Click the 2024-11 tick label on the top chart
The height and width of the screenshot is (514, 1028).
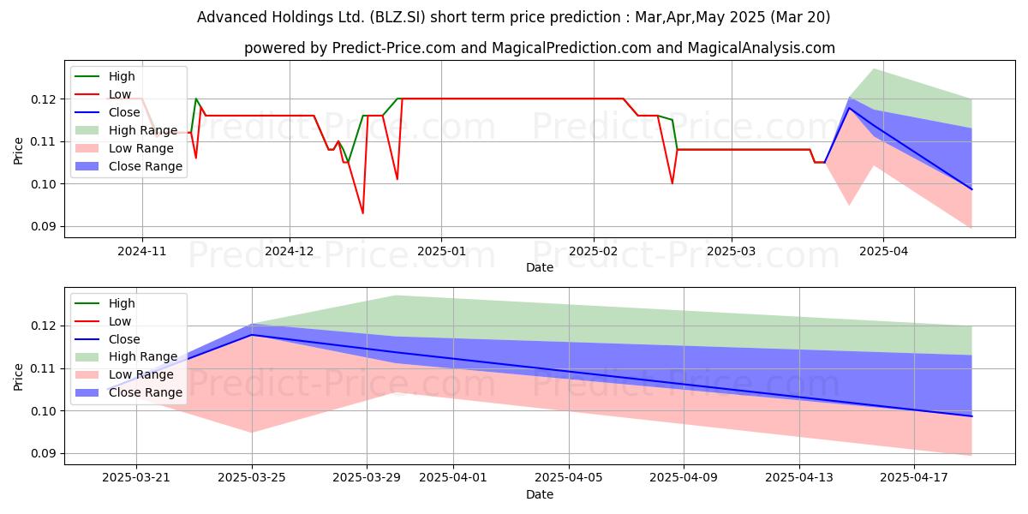tap(142, 251)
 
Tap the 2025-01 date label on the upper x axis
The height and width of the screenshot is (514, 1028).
tap(441, 251)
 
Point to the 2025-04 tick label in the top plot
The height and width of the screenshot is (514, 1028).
tap(883, 251)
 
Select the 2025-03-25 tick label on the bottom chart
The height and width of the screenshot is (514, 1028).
tap(252, 477)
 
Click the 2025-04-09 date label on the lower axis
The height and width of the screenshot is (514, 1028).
tap(684, 477)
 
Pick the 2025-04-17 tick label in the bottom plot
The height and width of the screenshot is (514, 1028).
tap(914, 477)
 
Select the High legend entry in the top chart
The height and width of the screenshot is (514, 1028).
tap(105, 76)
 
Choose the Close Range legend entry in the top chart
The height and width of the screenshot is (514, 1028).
tap(128, 166)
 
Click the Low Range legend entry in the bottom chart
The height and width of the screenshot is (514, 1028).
tap(124, 374)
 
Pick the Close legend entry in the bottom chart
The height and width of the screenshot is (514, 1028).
tap(107, 339)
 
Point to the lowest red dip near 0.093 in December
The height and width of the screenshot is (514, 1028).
tap(363, 213)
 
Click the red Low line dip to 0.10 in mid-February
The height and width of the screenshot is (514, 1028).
tap(672, 183)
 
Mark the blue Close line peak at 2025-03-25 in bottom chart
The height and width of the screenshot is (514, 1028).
tap(252, 335)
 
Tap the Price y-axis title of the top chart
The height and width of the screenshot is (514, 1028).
tap(18, 151)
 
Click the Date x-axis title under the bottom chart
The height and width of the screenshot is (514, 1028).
tap(540, 494)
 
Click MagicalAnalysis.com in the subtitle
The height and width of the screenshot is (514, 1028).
tap(762, 48)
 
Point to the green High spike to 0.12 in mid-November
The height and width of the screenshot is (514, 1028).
tap(196, 99)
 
